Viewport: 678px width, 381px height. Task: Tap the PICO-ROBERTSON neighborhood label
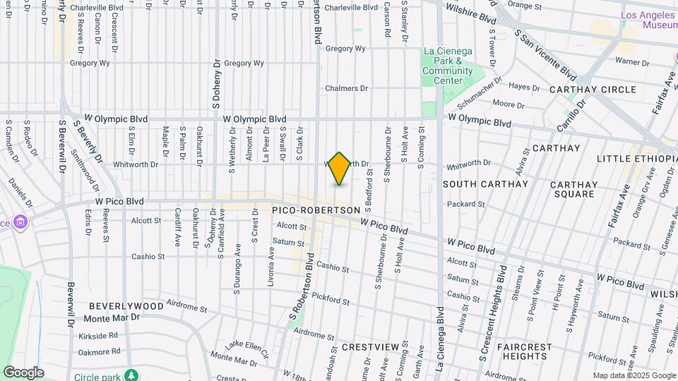[x=316, y=210]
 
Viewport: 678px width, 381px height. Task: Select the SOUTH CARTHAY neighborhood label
[x=485, y=184]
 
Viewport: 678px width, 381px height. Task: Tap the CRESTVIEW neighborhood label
[x=367, y=347]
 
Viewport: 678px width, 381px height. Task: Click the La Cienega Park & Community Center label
[x=448, y=66]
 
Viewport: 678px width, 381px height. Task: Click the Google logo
[x=23, y=373]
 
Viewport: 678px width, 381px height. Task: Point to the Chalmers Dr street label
[x=347, y=89]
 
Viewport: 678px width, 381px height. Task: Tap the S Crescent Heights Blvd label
[x=492, y=310]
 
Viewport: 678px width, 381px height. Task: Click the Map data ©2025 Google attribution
[x=634, y=375]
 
